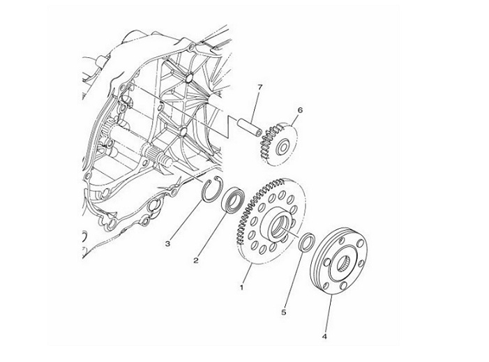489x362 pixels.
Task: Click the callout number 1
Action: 241,287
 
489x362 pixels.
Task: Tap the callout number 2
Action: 196,260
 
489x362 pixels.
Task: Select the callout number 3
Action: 168,243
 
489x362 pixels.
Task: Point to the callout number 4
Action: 324,336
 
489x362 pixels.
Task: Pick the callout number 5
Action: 283,312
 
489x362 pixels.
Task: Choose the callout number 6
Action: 300,110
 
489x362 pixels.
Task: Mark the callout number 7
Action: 259,87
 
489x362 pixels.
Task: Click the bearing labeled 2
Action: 232,200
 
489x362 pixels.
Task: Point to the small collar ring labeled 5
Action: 307,241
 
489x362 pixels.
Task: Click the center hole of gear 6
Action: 283,147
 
